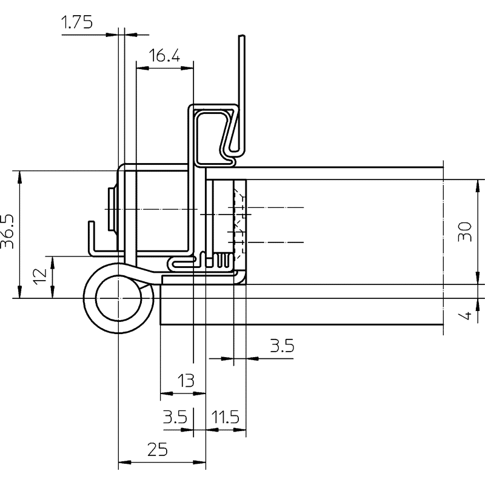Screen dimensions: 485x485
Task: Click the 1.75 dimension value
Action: click(77, 22)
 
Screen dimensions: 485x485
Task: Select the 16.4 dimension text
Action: click(164, 56)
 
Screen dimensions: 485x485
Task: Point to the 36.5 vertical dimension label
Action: click(7, 232)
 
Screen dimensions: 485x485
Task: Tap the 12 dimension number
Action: click(40, 276)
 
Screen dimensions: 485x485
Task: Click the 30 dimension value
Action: click(465, 232)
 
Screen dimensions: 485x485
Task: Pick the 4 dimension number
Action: click(465, 315)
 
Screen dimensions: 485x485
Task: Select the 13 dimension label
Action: click(186, 380)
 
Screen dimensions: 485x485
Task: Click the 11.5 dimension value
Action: click(225, 416)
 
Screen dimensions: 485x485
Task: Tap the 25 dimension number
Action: click(158, 449)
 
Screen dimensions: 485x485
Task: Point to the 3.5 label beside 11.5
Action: click(175, 416)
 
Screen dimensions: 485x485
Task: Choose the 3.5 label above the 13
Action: click(282, 346)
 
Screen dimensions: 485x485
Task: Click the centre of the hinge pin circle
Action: click(118, 298)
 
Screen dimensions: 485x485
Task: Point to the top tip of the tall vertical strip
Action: click(242, 36)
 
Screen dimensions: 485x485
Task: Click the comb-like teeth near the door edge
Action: click(223, 260)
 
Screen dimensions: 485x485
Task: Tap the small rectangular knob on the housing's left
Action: click(111, 209)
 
